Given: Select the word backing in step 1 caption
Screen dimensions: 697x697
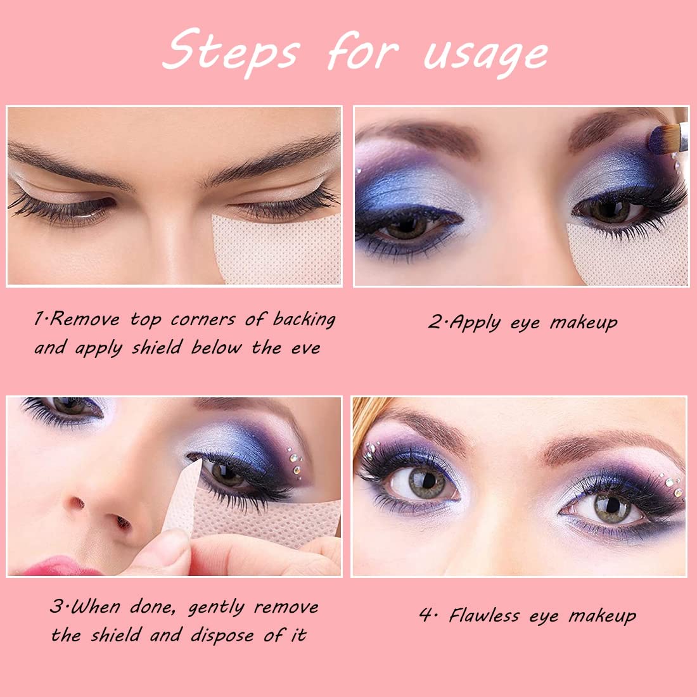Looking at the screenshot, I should tap(304, 319).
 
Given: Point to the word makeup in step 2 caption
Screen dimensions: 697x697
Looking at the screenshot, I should tap(583, 323).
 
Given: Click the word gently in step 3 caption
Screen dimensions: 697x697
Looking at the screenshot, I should tap(216, 608).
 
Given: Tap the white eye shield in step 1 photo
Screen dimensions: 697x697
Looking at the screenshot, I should tap(279, 250).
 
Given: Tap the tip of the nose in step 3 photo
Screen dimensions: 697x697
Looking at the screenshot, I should tap(95, 513).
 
